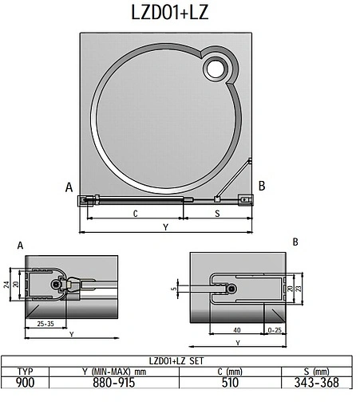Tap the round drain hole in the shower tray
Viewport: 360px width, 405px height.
click(216, 70)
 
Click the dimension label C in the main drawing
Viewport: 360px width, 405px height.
click(135, 214)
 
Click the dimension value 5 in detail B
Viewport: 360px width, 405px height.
click(174, 289)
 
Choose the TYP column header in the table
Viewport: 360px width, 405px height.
click(25, 372)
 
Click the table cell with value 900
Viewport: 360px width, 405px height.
click(25, 383)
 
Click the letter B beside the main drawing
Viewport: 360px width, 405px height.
click(261, 186)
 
